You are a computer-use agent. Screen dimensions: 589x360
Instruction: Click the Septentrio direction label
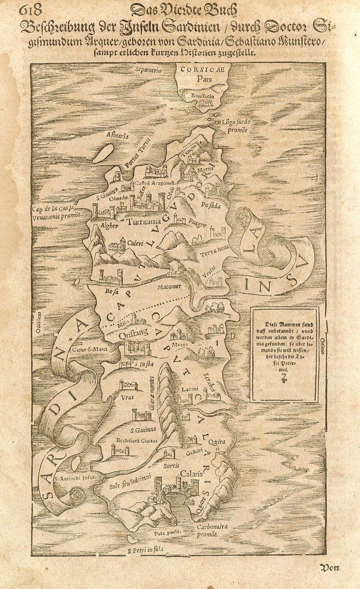click(x=148, y=70)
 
